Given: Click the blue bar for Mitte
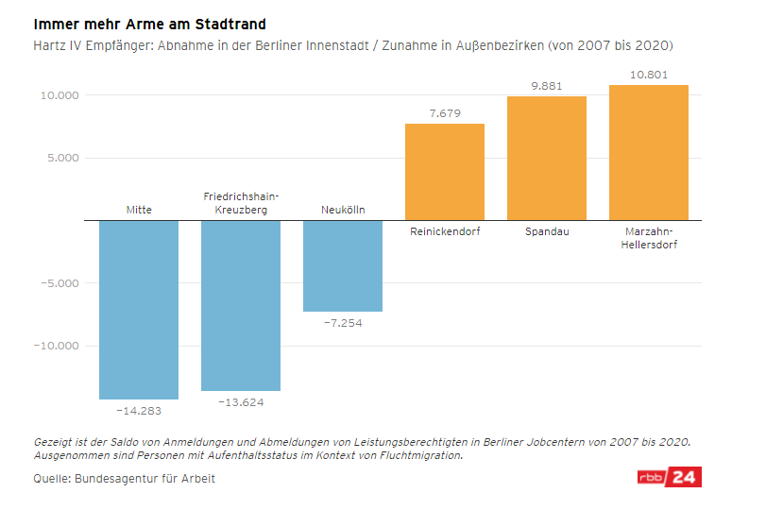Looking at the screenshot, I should tap(139, 309).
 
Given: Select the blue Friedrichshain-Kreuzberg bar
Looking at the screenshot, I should tap(241, 305).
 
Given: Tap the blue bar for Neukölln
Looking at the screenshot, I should tap(343, 265).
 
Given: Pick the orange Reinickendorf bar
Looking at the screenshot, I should tap(445, 172).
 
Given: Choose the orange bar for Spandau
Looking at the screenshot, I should tap(547, 158).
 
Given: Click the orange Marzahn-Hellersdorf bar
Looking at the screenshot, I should tap(649, 152).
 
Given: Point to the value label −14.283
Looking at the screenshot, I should tap(139, 411).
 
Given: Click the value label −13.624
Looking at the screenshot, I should tap(241, 402).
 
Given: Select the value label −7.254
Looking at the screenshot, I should tap(343, 323).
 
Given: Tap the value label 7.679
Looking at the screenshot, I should tap(445, 113).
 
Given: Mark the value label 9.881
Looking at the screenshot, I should tap(547, 86).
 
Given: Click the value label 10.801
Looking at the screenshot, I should tap(649, 74).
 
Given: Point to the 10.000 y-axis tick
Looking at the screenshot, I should tap(59, 95).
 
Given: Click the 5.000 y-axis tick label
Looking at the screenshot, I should tap(62, 158).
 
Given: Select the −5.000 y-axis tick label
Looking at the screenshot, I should tap(59, 282).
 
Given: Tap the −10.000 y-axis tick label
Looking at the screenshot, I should tap(55, 346).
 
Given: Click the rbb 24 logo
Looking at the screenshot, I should tap(668, 477).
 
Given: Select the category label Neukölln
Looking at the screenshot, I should tap(343, 210).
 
